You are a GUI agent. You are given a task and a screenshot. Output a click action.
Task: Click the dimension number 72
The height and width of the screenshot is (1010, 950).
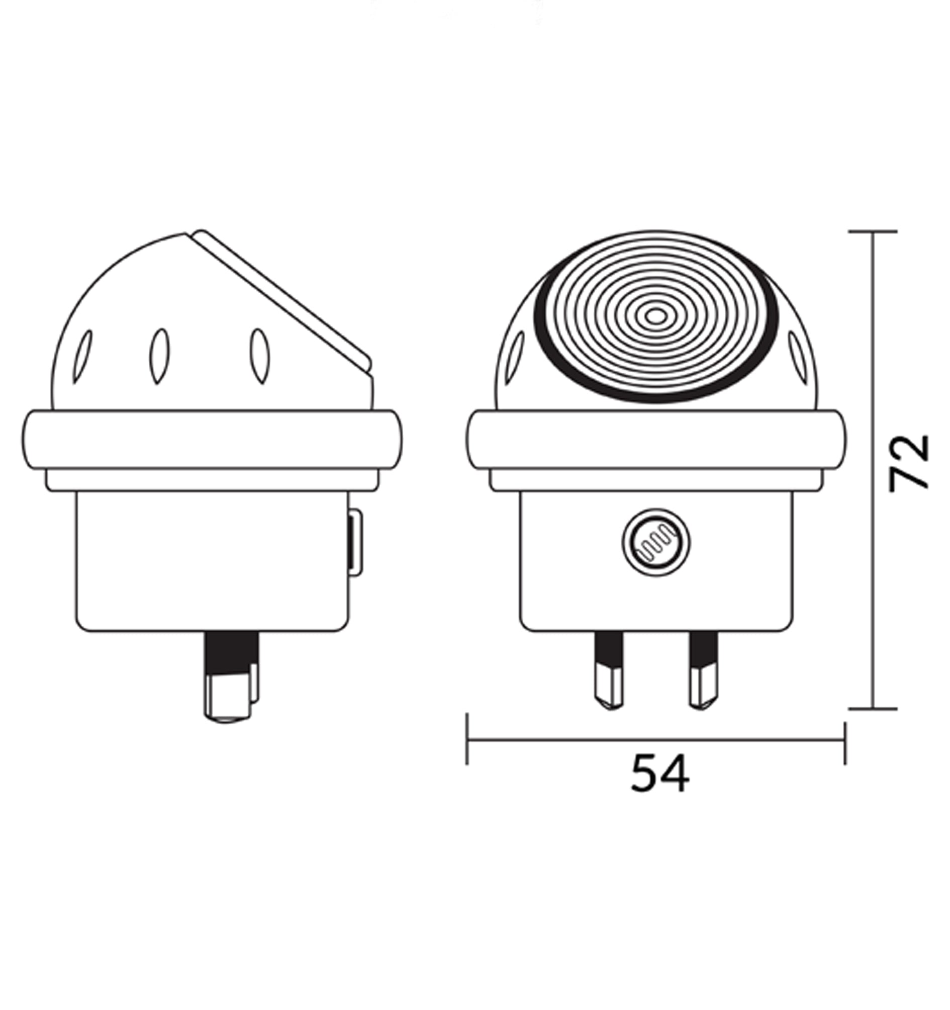909,462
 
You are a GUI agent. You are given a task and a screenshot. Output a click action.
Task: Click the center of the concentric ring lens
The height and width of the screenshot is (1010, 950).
656,316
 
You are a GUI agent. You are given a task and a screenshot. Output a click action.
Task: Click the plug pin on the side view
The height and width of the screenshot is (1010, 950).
231,677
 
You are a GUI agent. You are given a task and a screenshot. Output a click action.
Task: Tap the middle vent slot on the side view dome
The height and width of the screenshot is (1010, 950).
159,356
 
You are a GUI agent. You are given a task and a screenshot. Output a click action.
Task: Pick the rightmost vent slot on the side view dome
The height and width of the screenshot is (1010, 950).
260,356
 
